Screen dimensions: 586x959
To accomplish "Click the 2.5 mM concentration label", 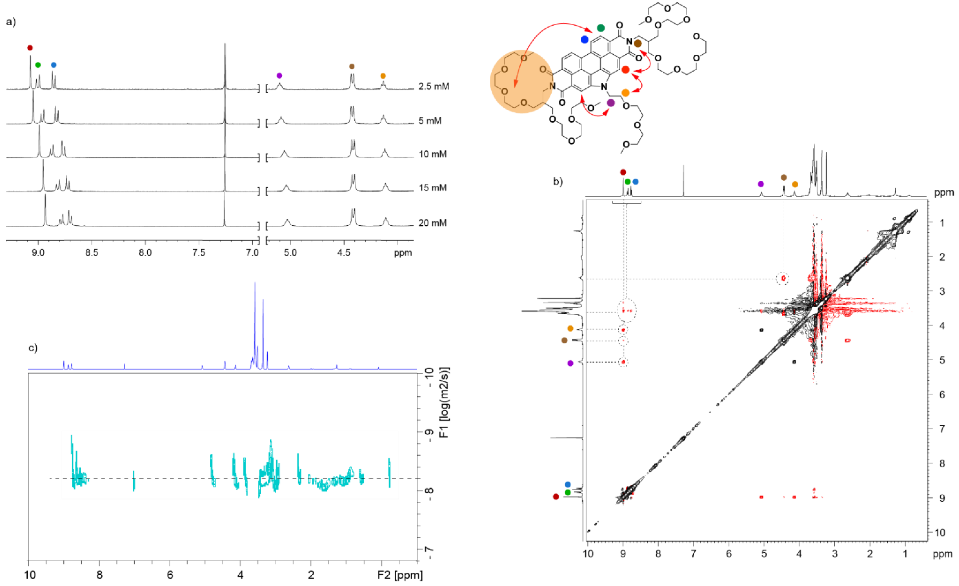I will coord(434,86).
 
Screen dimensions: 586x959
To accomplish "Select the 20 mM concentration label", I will coord(432,223).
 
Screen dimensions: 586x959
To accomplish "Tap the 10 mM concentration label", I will coord(432,154).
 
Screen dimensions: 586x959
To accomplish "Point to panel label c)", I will coord(33,347).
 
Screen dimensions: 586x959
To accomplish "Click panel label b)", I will coord(558,181).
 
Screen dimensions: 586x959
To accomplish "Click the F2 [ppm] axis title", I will coord(400,575).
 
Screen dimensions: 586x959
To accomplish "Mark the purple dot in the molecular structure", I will coord(611,103).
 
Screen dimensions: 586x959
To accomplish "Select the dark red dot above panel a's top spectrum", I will coord(30,48).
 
